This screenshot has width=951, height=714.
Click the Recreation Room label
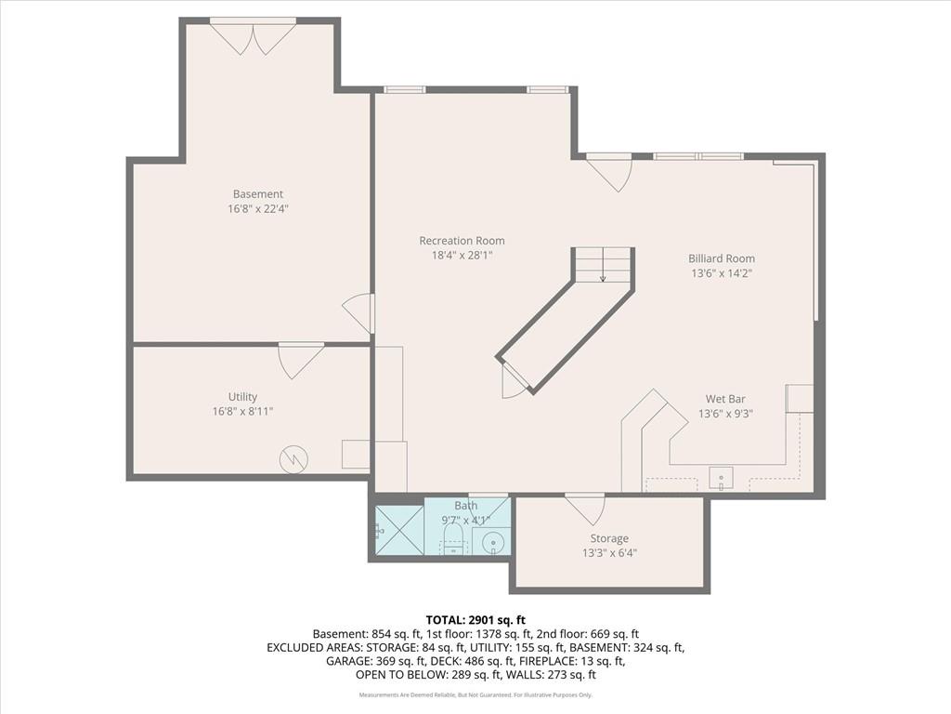pyautogui.click(x=462, y=241)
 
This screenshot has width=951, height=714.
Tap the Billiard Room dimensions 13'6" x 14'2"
pyautogui.click(x=722, y=273)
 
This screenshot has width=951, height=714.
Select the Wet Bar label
pyautogui.click(x=725, y=399)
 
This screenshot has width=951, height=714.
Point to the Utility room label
pyautogui.click(x=242, y=397)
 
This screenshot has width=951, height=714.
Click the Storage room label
pyautogui.click(x=609, y=538)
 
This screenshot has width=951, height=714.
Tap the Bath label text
pyautogui.click(x=466, y=505)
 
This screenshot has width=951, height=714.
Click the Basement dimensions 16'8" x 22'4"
pyautogui.click(x=258, y=209)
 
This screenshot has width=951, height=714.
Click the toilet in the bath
pyautogui.click(x=453, y=539)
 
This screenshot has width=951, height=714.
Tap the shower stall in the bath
pyautogui.click(x=399, y=530)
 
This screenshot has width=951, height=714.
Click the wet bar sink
pyautogui.click(x=721, y=479)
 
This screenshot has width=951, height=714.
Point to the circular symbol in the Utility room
pyautogui.click(x=293, y=459)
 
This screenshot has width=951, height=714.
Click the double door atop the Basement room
pyautogui.click(x=253, y=37)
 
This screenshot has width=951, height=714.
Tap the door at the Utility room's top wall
pyautogui.click(x=301, y=362)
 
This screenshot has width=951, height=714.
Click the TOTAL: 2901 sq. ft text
pyautogui.click(x=475, y=620)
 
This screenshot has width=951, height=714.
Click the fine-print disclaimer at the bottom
pyautogui.click(x=475, y=695)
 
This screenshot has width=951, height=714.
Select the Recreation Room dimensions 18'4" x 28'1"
pyautogui.click(x=462, y=256)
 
